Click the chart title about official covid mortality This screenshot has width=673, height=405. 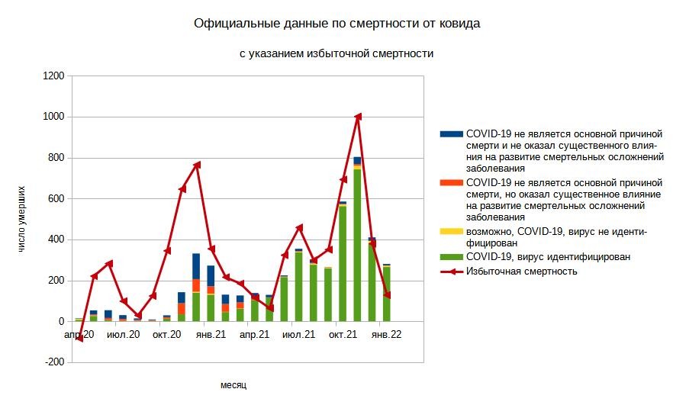point(336,24)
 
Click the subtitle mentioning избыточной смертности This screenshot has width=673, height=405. point(336,53)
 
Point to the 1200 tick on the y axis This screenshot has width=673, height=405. point(53,76)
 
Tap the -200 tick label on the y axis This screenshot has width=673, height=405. point(53,363)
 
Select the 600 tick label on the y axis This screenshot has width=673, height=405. point(55,199)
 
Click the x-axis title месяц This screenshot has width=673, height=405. point(233,385)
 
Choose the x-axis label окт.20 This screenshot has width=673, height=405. point(167,334)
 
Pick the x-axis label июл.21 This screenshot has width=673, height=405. point(298,334)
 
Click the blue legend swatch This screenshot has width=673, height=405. point(452,133)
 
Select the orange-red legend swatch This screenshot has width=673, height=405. point(452,182)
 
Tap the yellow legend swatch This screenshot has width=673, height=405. point(452,231)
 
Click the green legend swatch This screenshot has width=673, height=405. point(452,257)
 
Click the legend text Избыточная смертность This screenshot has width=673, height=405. point(521,271)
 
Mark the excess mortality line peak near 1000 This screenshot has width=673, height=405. point(357,117)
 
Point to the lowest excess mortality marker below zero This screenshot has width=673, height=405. point(79,339)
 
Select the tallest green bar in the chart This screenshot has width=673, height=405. point(357,244)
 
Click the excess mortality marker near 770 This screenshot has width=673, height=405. point(197,164)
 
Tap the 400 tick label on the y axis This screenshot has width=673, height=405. point(55,240)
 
